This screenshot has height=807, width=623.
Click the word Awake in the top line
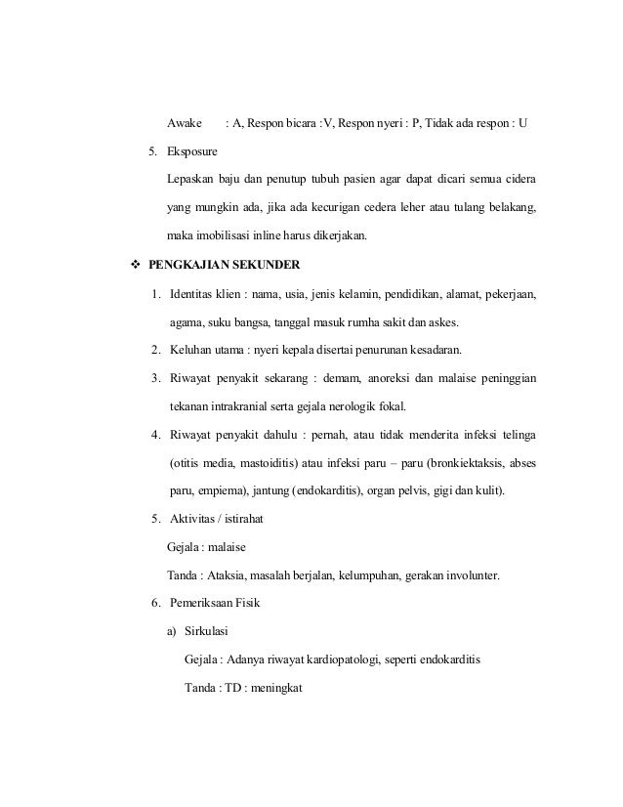click(x=185, y=124)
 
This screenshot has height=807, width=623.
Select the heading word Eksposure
click(x=193, y=152)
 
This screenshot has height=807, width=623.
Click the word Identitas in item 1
click(x=192, y=293)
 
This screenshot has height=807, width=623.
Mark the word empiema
click(x=219, y=489)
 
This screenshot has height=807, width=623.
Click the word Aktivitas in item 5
click(x=193, y=518)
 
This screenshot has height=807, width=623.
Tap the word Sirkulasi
click(x=207, y=630)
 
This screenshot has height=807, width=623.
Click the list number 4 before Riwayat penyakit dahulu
click(x=156, y=434)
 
